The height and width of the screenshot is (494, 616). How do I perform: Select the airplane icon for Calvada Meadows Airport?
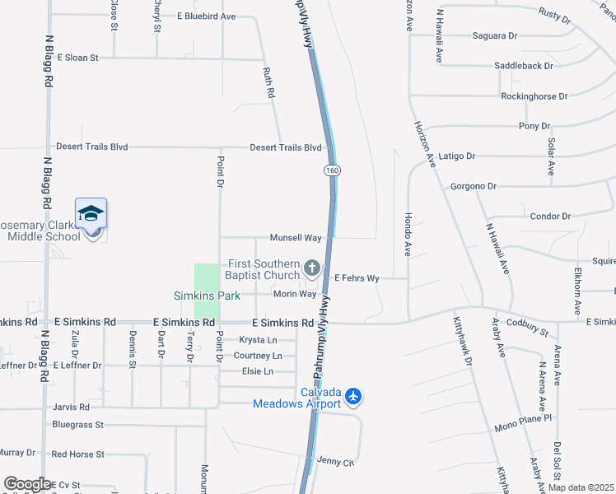click(x=354, y=397)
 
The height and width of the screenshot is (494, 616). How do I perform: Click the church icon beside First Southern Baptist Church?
click(x=312, y=268)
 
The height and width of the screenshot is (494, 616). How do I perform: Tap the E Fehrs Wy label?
click(x=356, y=278)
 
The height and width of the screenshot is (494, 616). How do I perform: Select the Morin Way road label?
click(x=295, y=294)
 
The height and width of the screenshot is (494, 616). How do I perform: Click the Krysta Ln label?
click(x=258, y=340)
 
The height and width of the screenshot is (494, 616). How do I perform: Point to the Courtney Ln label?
click(x=258, y=356)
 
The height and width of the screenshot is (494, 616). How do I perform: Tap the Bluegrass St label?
click(x=77, y=425)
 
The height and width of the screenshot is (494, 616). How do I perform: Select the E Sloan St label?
click(x=77, y=58)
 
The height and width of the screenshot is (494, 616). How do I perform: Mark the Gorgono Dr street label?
click(x=474, y=186)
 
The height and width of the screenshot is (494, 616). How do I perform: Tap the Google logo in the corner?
click(x=26, y=484)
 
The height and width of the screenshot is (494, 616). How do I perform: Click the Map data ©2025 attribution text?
click(x=581, y=487)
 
